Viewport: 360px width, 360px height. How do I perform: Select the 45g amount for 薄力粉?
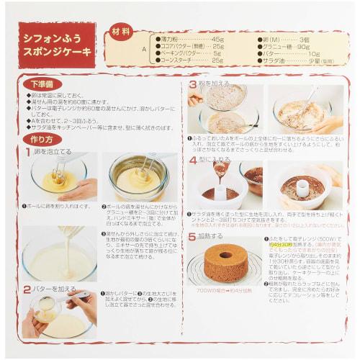pos(217,39)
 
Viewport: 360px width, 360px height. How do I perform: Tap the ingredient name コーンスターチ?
pos(176,60)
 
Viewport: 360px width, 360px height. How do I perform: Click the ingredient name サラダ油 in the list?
pos(276,60)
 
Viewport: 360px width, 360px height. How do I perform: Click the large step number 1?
pos(28,152)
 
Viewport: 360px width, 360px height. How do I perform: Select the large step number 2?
pos(27,289)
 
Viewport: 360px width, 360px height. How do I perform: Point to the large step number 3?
pos(193,85)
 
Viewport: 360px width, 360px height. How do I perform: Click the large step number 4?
pos(193,159)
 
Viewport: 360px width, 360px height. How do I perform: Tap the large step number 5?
pos(193,235)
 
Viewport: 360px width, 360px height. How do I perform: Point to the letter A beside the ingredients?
pos(144,50)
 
